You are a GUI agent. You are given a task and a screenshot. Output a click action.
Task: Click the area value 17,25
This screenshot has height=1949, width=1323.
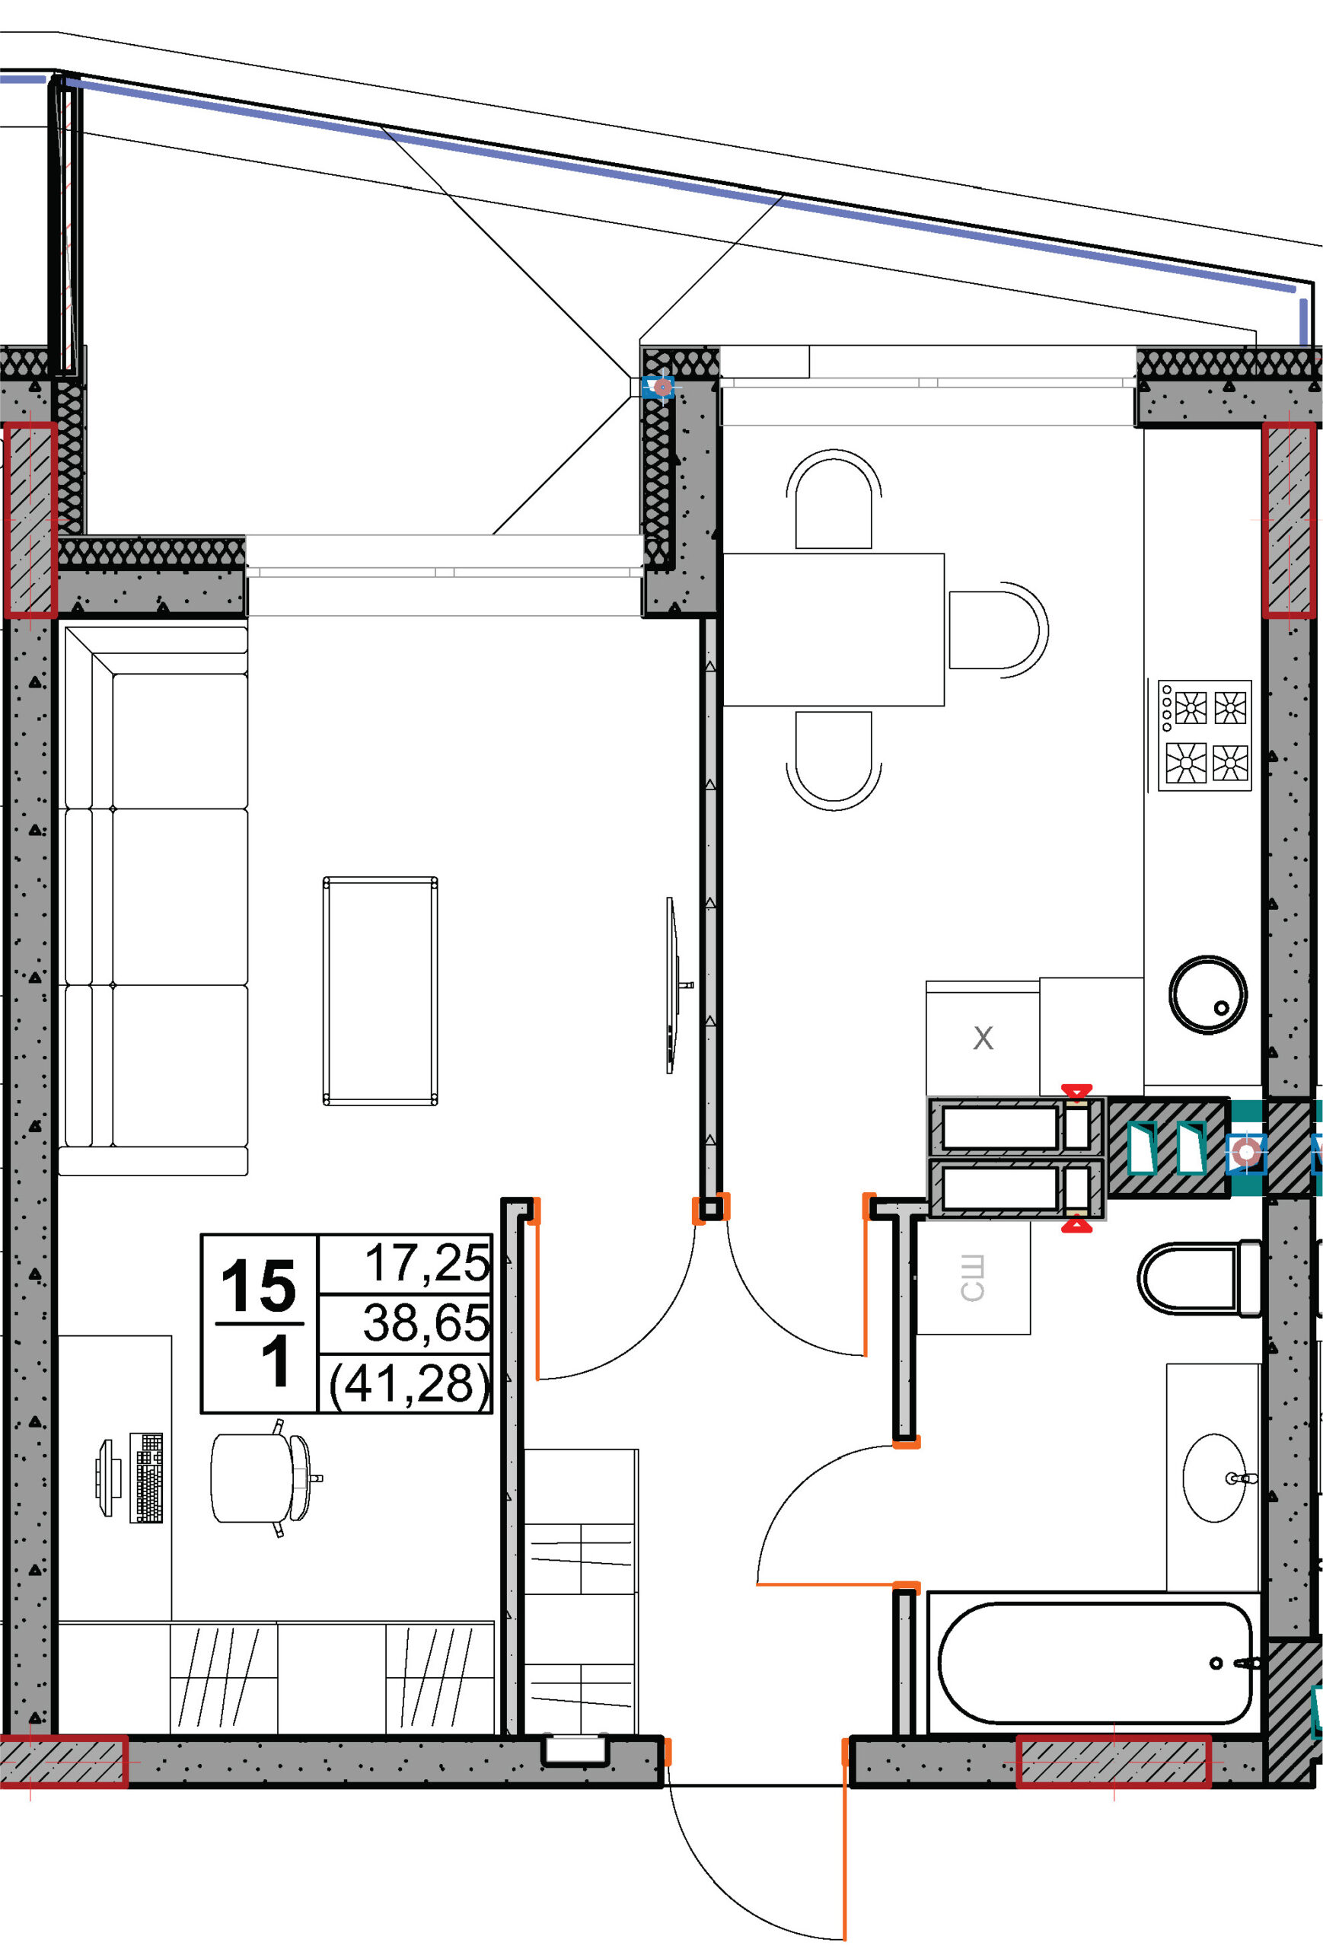(428, 1264)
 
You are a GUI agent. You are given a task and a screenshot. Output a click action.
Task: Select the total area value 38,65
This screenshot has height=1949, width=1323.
(426, 1323)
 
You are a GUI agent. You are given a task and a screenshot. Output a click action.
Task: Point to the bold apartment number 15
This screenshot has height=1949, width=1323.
(258, 1287)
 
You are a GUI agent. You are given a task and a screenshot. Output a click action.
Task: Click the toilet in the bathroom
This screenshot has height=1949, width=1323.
(1199, 1279)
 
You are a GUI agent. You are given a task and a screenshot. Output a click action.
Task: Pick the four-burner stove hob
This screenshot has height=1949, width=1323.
(1204, 735)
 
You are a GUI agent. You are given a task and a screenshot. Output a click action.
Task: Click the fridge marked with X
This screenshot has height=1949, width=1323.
(983, 1038)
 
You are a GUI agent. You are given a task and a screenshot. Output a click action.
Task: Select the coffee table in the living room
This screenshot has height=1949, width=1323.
(380, 991)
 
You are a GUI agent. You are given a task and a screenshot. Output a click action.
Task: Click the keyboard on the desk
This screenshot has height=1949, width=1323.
(146, 1478)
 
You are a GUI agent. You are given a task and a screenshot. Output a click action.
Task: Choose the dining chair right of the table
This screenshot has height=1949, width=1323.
(998, 630)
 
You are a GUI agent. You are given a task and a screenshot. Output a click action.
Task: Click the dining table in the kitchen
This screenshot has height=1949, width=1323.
(834, 630)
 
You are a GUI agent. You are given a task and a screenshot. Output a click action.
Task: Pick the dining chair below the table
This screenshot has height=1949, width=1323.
(834, 760)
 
